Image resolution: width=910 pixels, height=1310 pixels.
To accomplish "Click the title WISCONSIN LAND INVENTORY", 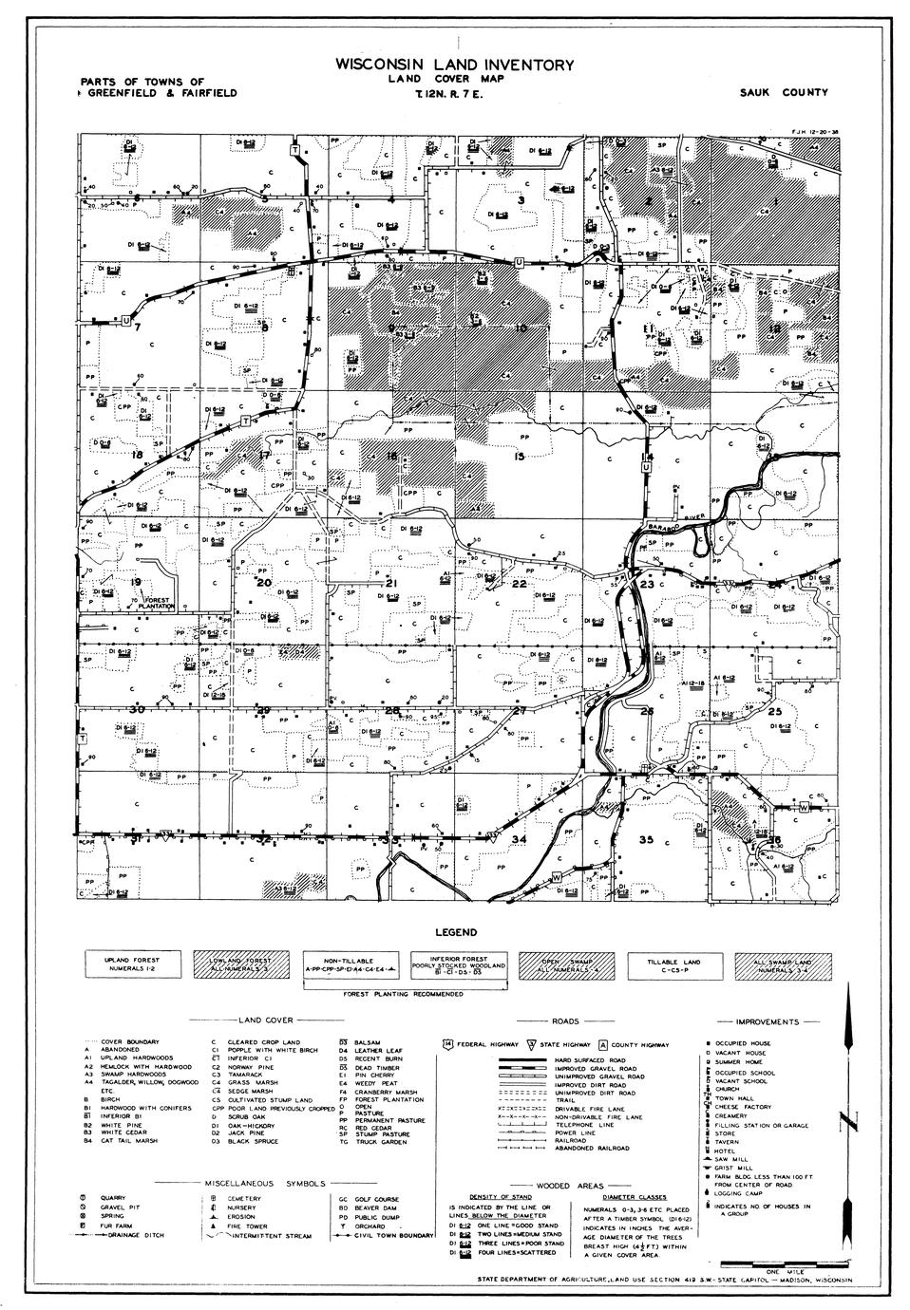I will pyautogui.click(x=454, y=65).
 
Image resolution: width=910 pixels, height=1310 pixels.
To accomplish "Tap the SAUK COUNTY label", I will pyautogui.click(x=784, y=93).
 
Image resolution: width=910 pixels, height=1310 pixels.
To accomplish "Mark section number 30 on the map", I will pyautogui.click(x=137, y=709).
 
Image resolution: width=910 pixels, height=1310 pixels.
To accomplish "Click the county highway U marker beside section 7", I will pyautogui.click(x=125, y=322).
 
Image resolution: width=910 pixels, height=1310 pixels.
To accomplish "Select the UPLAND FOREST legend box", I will pyautogui.click(x=132, y=964).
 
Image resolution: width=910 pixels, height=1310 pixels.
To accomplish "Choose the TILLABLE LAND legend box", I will pyautogui.click(x=673, y=964).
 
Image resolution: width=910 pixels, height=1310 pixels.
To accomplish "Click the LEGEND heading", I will pyautogui.click(x=456, y=933).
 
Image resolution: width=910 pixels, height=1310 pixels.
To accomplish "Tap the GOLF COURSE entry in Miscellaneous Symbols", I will pyautogui.click(x=366, y=1199).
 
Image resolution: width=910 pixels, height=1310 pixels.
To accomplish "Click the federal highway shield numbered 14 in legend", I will pyautogui.click(x=447, y=1043).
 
